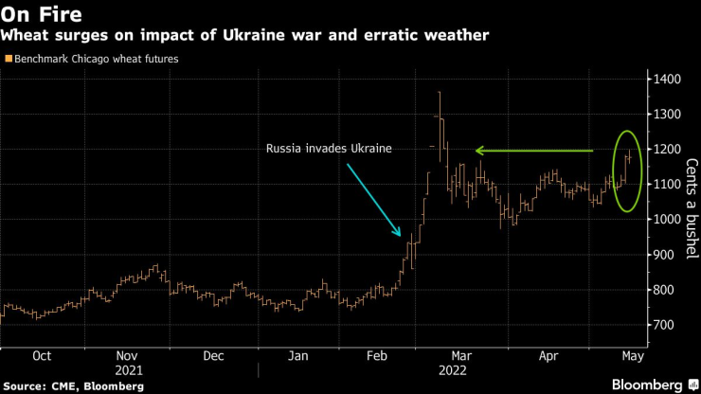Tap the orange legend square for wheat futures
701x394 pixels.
pyautogui.click(x=9, y=59)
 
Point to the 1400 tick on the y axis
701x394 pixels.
pyautogui.click(x=669, y=80)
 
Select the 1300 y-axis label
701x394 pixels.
pyautogui.click(x=669, y=115)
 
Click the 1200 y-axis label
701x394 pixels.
pyautogui.click(x=669, y=150)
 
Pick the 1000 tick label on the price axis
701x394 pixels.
pyautogui.click(x=669, y=220)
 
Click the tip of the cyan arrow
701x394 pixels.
pyautogui.click(x=401, y=235)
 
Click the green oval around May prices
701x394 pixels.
pyautogui.click(x=627, y=171)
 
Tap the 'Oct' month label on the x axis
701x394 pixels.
pyautogui.click(x=42, y=357)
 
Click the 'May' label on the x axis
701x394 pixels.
pyautogui.click(x=629, y=357)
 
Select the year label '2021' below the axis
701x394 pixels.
pyautogui.click(x=128, y=371)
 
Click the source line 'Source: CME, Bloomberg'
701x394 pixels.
pyautogui.click(x=73, y=386)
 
